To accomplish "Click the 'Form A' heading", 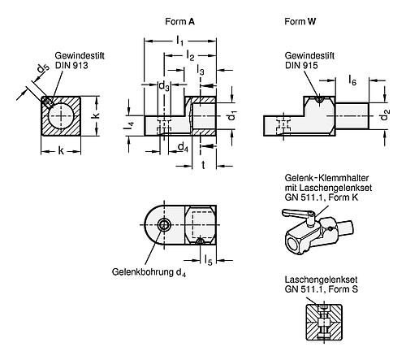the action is (179, 21).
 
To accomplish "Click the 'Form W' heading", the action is (300, 21).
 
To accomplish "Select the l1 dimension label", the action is (179, 41).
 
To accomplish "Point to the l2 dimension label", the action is (190, 56).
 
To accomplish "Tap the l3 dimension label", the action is (201, 71).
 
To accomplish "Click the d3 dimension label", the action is (164, 86).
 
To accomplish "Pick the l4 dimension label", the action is (130, 125).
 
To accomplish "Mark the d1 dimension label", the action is (231, 116).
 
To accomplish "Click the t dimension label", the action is (203, 165).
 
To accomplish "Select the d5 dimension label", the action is (43, 69).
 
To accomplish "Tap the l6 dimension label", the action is (352, 80).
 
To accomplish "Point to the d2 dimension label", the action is (385, 115).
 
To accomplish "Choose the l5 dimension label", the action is (208, 260).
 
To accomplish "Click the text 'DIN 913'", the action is (71, 65).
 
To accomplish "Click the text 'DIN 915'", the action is (301, 65).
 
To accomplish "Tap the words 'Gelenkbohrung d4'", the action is (149, 272).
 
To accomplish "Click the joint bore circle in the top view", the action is (164, 225).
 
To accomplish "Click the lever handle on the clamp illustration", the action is (296, 213).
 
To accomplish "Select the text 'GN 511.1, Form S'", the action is (322, 289).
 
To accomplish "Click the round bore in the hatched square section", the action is (61, 115).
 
